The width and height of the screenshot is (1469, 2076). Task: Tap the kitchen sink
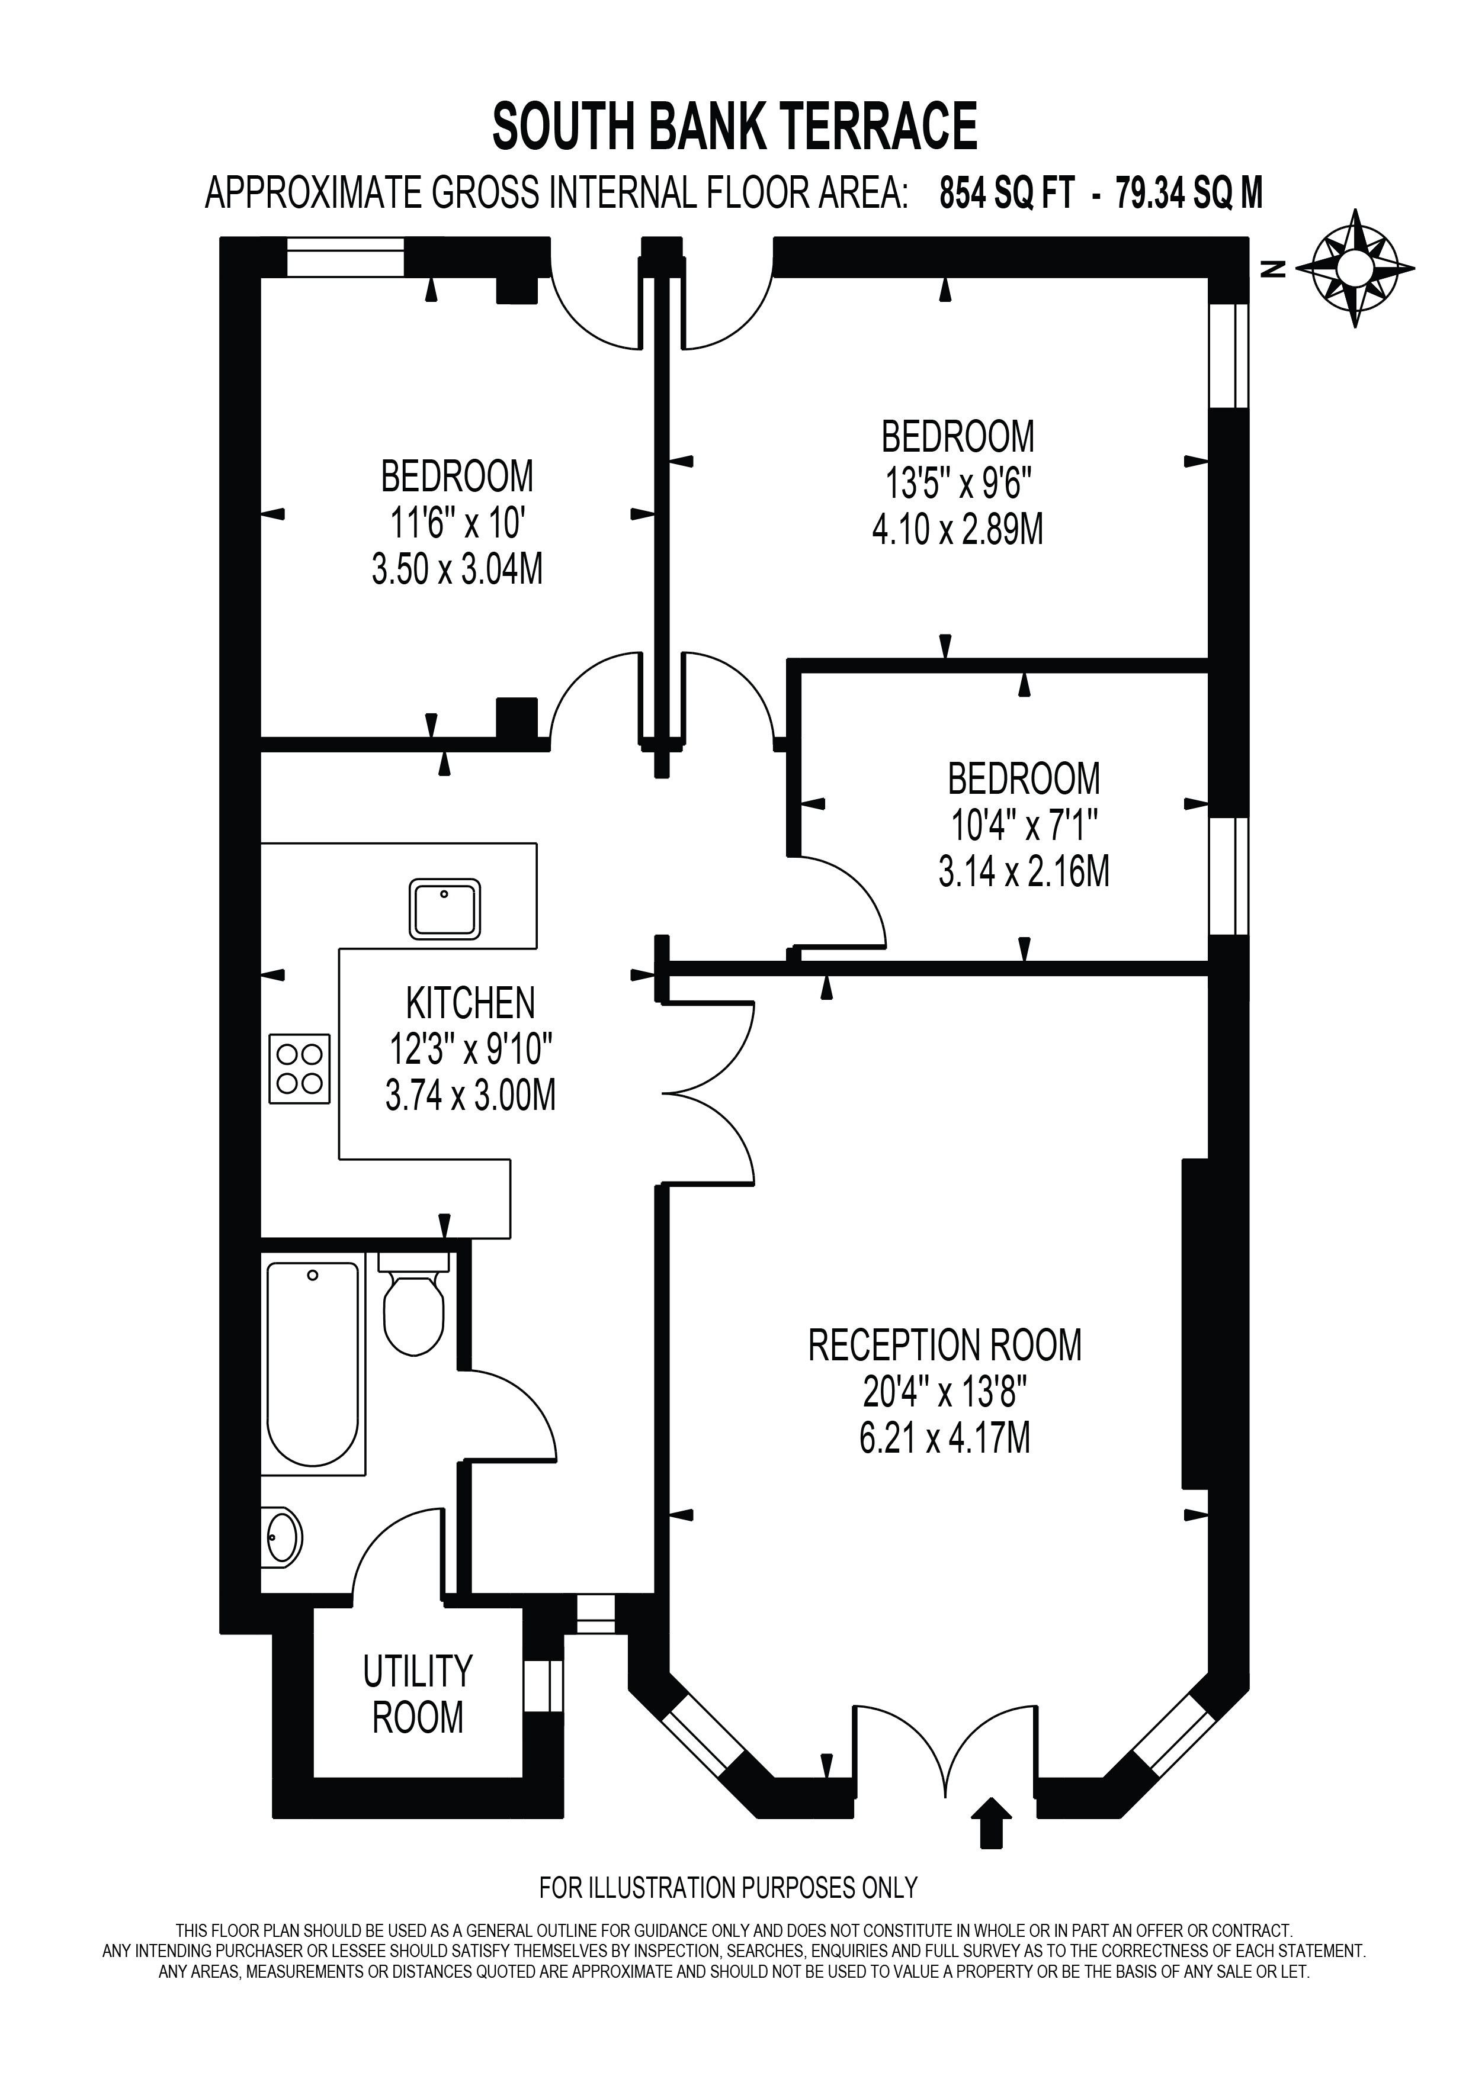click(x=444, y=908)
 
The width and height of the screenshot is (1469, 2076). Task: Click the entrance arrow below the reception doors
click(x=992, y=1823)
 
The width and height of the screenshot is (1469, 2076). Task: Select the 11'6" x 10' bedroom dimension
click(x=458, y=523)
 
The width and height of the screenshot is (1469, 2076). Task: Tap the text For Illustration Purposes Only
click(x=728, y=1888)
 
